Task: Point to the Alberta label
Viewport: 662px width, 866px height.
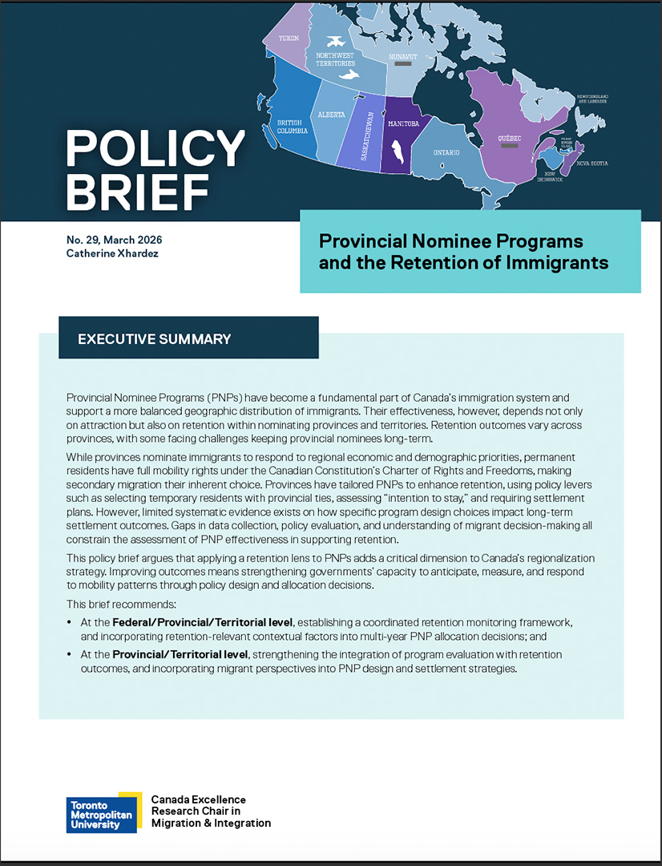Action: click(331, 115)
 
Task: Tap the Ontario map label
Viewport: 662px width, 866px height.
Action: click(446, 152)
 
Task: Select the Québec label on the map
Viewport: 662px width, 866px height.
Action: click(509, 138)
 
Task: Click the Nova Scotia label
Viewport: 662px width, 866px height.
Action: click(592, 164)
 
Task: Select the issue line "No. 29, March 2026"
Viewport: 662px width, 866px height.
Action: click(119, 240)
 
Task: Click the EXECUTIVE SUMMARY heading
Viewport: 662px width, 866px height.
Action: click(154, 338)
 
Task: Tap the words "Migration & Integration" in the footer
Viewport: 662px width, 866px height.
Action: click(211, 823)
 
